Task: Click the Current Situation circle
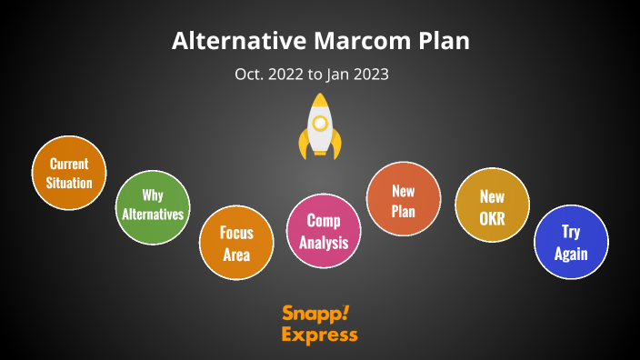69,173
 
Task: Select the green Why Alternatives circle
153,206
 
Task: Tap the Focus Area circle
236,243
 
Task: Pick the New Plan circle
403,199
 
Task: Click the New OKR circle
492,205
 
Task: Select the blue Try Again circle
571,242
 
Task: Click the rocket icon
320,127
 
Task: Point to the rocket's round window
320,121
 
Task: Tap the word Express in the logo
319,335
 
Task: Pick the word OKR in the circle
492,216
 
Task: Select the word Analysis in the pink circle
324,242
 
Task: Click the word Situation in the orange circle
69,183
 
